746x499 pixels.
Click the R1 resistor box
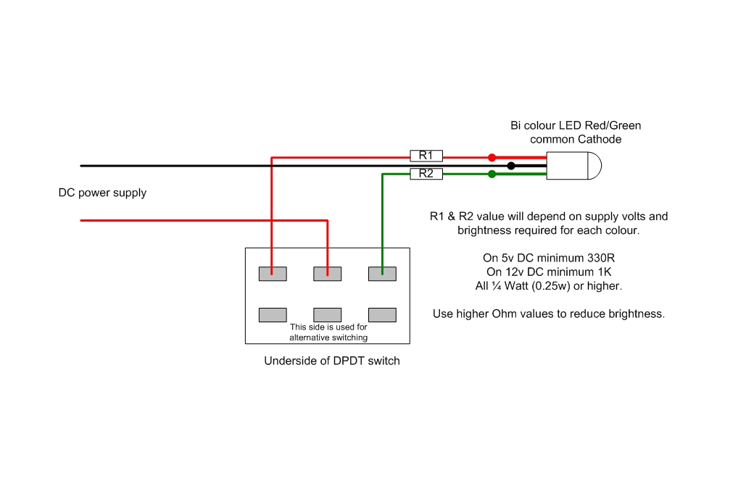[426, 156]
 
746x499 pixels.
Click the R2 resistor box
[426, 174]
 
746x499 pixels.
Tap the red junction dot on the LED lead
[492, 157]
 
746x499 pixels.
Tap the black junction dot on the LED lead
[511, 166]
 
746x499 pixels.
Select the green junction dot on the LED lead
[492, 174]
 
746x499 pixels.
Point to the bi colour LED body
[573, 166]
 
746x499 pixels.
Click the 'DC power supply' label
[102, 193]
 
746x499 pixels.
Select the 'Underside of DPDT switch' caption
[331, 361]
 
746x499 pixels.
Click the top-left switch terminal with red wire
[273, 274]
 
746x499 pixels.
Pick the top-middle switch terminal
[327, 274]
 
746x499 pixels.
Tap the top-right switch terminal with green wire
[382, 274]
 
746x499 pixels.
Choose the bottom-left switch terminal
[273, 314]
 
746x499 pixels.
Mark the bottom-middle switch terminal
[327, 314]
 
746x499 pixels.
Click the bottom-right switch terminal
[382, 314]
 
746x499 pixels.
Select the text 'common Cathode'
[576, 139]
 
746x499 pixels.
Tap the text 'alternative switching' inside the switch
[328, 337]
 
